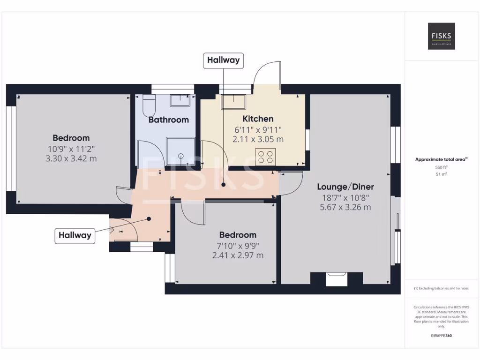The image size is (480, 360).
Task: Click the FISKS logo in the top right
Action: [441, 37]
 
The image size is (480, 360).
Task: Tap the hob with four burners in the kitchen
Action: [265, 156]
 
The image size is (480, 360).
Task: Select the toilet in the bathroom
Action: [149, 106]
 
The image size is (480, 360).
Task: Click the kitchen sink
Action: [233, 102]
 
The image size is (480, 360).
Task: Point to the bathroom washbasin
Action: [180, 100]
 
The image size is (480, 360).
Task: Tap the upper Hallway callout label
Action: [223, 60]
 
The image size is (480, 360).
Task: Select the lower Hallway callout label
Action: [75, 235]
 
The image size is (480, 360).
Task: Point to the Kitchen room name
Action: [258, 119]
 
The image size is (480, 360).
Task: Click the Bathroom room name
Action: [168, 120]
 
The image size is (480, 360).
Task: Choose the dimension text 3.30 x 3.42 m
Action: [71, 158]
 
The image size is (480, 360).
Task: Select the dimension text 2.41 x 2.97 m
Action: [238, 255]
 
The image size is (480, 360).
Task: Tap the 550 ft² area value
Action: [441, 167]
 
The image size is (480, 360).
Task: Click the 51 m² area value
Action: [441, 174]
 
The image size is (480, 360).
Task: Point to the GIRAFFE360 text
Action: [441, 336]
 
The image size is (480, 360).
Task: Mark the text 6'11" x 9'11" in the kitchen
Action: [258, 129]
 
